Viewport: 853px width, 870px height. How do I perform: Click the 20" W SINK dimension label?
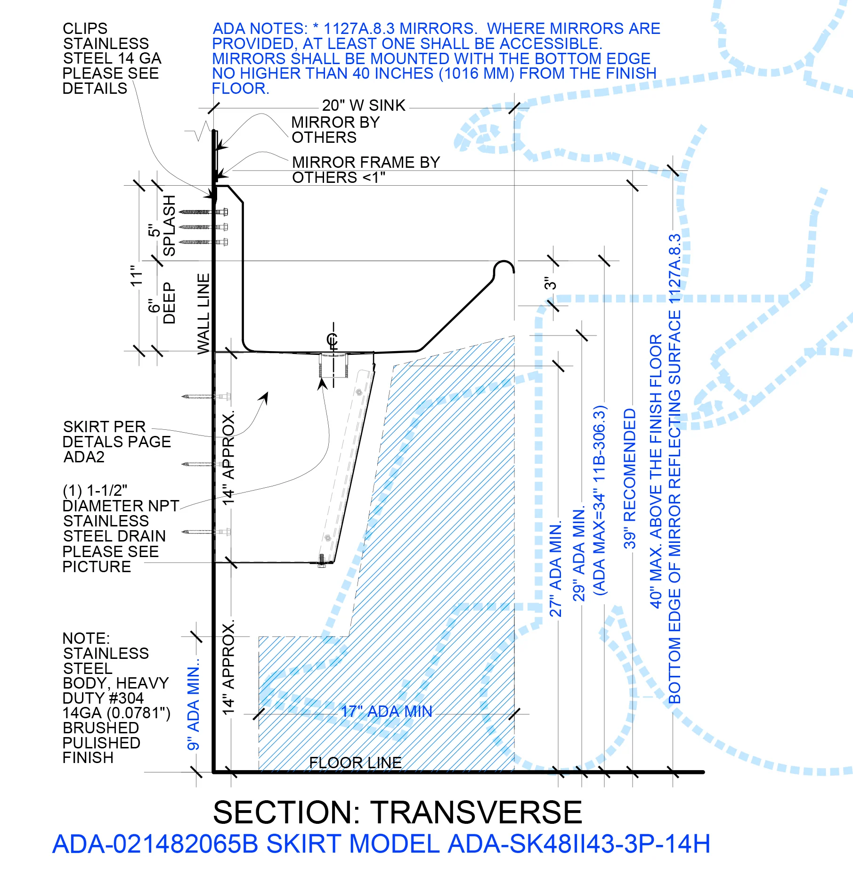point(364,105)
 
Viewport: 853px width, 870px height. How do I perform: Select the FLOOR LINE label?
point(355,762)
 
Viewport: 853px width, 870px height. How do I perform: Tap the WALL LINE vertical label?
point(203,313)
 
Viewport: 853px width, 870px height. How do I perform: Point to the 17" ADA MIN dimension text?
point(386,711)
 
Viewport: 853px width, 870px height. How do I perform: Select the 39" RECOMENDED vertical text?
point(630,478)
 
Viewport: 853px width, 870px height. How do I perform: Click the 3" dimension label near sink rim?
point(550,283)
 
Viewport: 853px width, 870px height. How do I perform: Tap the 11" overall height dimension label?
point(136,276)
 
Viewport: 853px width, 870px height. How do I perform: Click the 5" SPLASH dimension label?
point(162,226)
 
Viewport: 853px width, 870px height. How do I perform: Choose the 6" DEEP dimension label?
point(162,303)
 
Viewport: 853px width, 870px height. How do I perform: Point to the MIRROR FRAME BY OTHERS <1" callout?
point(366,170)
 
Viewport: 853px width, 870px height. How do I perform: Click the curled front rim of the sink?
point(504,267)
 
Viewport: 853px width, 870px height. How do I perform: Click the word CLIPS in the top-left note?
point(85,28)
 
